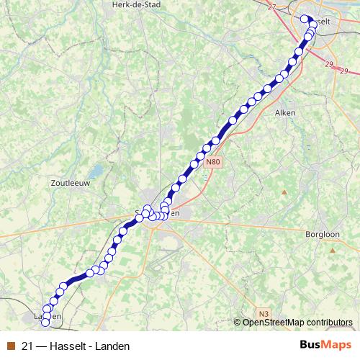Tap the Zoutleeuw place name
pyautogui.click(x=69, y=184)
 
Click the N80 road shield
pyautogui.click(x=212, y=163)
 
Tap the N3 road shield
pyautogui.click(x=264, y=313)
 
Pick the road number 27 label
pyautogui.click(x=271, y=7)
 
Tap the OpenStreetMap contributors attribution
pyautogui.click(x=297, y=322)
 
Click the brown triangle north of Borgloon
pyautogui.click(x=284, y=192)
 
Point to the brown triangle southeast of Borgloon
pyautogui.click(x=333, y=249)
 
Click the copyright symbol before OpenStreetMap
pyautogui.click(x=238, y=322)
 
